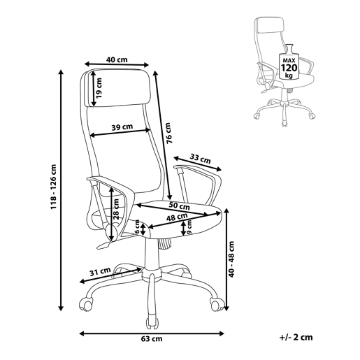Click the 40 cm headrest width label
point(117,59)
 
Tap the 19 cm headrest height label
point(99,88)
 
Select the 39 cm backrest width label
point(122,127)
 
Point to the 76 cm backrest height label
point(168,133)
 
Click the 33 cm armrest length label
point(200,159)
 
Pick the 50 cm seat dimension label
point(179,206)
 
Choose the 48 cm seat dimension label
point(177,217)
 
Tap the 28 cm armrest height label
point(116,209)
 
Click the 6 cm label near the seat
point(137,227)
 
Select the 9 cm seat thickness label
point(189,226)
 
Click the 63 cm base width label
point(152,338)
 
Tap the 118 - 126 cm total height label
point(54,187)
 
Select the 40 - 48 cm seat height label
point(231,259)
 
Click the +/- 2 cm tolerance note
point(296,337)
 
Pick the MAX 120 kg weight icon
point(289,62)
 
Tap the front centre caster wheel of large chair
point(152,321)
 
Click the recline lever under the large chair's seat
point(103,245)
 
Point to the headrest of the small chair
point(270,24)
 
